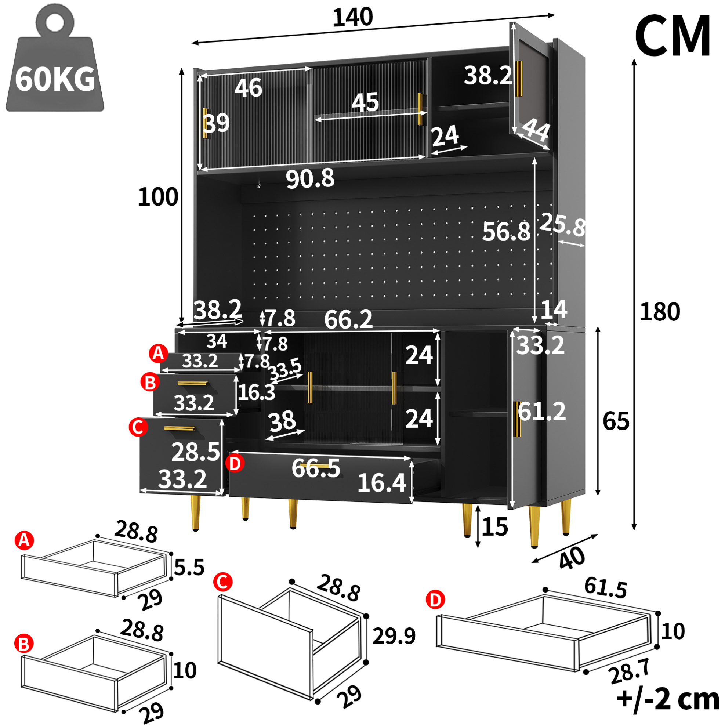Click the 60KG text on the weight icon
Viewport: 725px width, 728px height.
[x=55, y=80]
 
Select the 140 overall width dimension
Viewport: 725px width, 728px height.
[x=353, y=17]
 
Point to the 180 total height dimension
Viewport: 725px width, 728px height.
[x=660, y=312]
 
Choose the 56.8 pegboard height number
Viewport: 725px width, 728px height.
[x=506, y=231]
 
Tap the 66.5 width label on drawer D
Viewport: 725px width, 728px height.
[x=316, y=468]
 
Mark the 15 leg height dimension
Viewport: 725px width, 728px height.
[x=495, y=526]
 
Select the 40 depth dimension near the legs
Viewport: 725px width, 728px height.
[x=572, y=558]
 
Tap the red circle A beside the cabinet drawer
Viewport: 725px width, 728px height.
[x=158, y=354]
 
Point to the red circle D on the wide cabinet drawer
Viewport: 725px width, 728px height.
[x=235, y=463]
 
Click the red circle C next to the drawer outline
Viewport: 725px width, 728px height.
[x=223, y=582]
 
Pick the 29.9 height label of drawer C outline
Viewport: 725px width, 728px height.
[x=394, y=636]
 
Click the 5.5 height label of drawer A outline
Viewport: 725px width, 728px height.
[x=189, y=568]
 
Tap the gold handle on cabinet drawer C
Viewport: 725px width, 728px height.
[x=180, y=428]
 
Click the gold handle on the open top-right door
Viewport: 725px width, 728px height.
[x=519, y=79]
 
